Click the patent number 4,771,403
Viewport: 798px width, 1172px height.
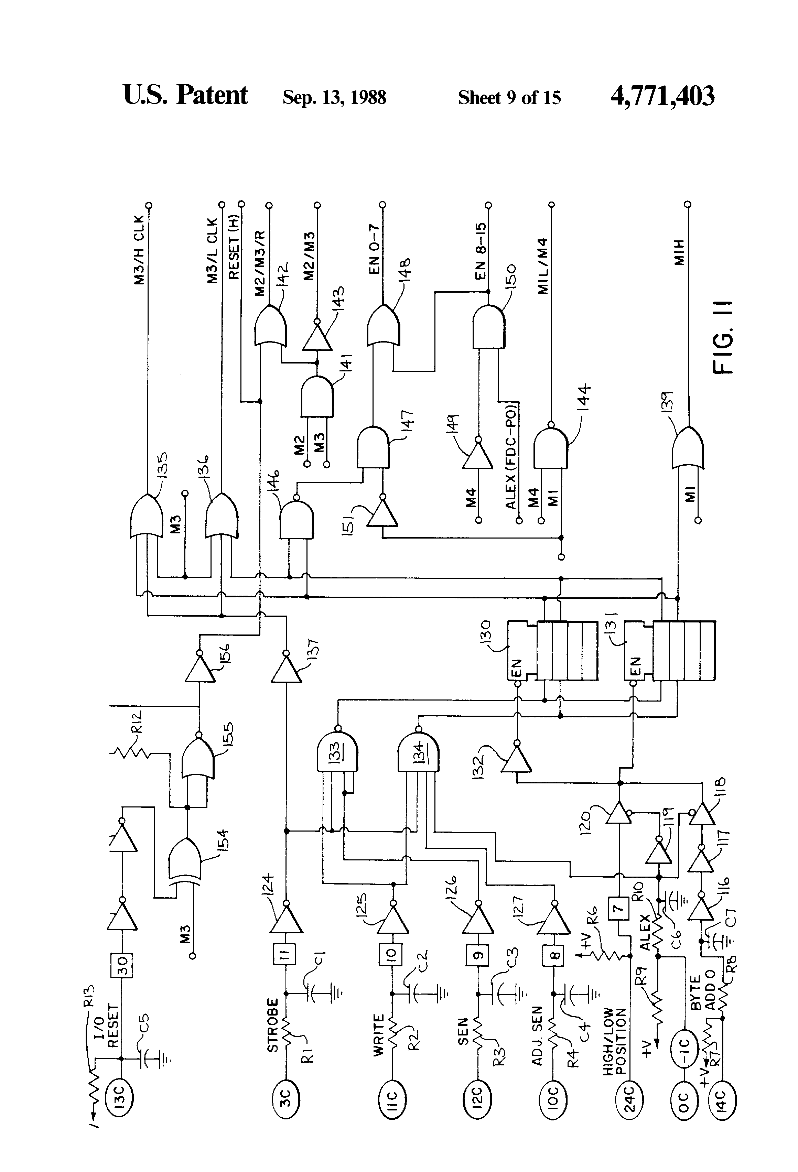pyautogui.click(x=662, y=96)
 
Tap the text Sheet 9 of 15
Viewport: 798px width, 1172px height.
pyautogui.click(x=509, y=97)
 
